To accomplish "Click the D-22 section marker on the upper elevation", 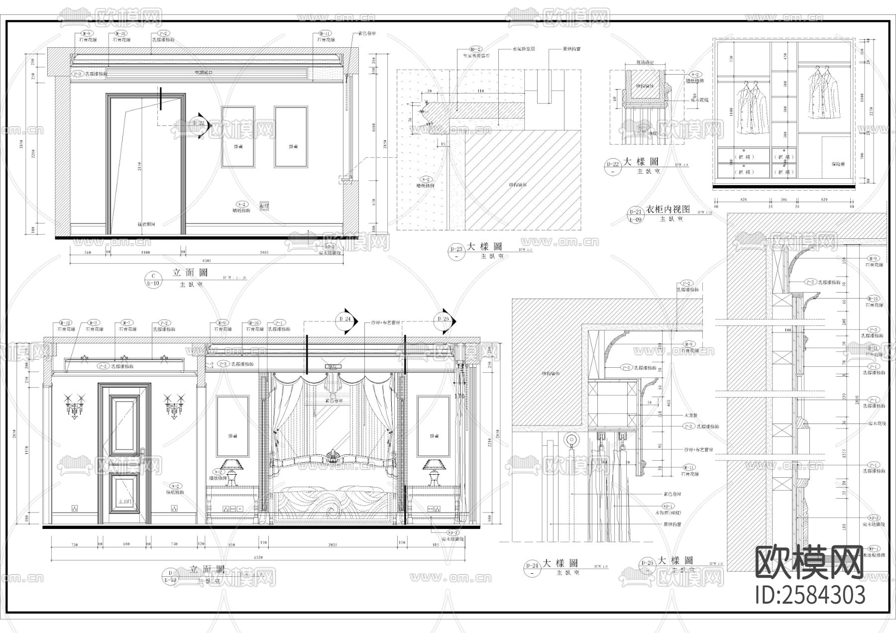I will (x=199, y=122).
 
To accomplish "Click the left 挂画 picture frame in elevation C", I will (x=238, y=137).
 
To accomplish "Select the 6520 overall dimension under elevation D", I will (x=259, y=558).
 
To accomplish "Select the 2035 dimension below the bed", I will (x=333, y=545).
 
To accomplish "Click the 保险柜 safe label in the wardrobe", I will (x=838, y=163).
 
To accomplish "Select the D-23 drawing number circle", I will (x=456, y=250).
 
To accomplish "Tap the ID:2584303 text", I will (x=810, y=595).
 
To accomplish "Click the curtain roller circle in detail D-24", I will (x=572, y=440).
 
